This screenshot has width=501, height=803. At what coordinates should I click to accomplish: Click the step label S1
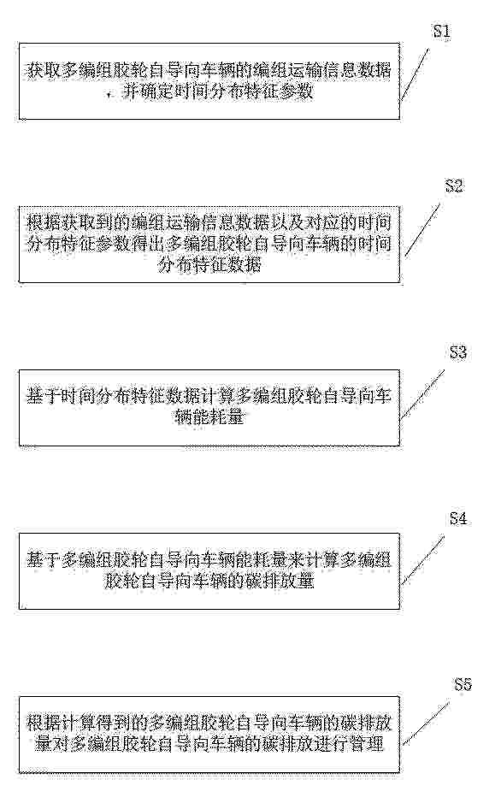[442, 32]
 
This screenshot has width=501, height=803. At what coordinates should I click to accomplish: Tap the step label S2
[454, 186]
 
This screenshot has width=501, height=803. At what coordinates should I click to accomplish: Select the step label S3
[458, 352]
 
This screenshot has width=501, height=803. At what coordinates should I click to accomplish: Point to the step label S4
[458, 518]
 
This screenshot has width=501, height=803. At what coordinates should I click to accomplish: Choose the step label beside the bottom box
[463, 684]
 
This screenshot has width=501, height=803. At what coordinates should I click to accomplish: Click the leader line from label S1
[415, 74]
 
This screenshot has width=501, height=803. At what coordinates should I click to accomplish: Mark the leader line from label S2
[422, 229]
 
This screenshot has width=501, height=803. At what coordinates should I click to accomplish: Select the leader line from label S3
[422, 394]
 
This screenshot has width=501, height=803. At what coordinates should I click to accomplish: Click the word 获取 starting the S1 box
[44, 70]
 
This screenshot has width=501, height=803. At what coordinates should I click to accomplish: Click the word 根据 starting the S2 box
[44, 223]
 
